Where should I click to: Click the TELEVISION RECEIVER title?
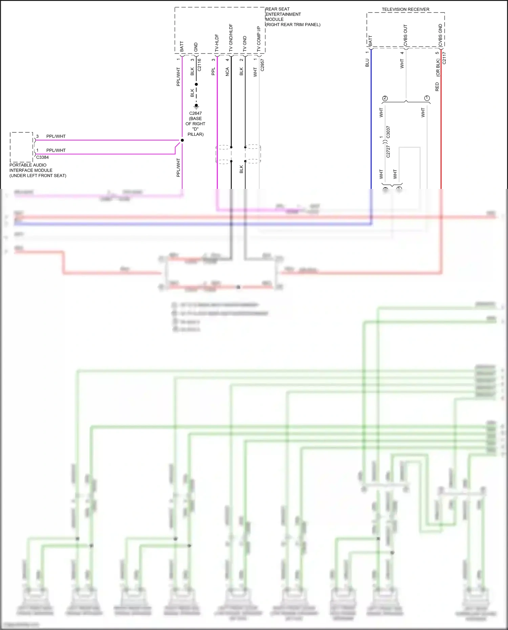[x=405, y=9]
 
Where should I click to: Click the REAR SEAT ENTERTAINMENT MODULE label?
[x=293, y=17]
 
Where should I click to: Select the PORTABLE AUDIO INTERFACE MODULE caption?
[x=38, y=170]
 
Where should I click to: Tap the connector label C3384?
[x=43, y=157]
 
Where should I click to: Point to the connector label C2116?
[x=199, y=65]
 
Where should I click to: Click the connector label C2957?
[x=262, y=65]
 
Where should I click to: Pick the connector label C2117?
[x=444, y=58]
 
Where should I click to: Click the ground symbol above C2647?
[x=196, y=106]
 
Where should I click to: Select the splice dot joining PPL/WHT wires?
[x=182, y=140]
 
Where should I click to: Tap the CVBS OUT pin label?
[x=405, y=35]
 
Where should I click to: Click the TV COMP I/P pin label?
[x=259, y=39]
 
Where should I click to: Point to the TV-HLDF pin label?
[x=217, y=43]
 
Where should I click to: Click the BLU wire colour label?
[x=367, y=63]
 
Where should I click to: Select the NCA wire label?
[x=227, y=71]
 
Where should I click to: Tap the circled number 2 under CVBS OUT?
[x=385, y=98]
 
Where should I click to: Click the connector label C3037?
[x=388, y=132]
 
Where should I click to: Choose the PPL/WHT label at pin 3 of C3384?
[x=56, y=136]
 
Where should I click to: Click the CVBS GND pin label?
[x=440, y=35]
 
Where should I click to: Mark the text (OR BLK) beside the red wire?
[x=438, y=68]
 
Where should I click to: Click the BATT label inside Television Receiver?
[x=370, y=41]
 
